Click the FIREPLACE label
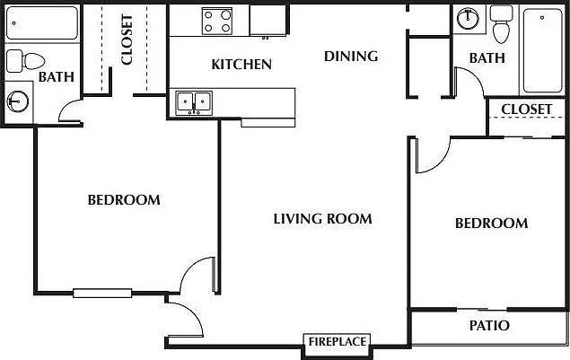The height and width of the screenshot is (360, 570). (x=337, y=341)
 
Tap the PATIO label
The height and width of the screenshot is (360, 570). (x=489, y=325)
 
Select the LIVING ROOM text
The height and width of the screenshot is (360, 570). (x=322, y=218)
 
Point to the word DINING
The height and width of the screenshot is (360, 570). (x=350, y=57)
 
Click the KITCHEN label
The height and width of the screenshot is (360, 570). (x=241, y=65)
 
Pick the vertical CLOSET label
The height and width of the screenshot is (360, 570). (x=127, y=40)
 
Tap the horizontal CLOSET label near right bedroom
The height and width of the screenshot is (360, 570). (x=526, y=110)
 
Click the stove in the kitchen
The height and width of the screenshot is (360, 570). (x=216, y=19)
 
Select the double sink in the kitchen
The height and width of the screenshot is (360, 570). (x=194, y=101)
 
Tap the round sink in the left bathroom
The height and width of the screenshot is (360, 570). (x=16, y=101)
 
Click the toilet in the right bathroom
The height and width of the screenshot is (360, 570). (x=502, y=26)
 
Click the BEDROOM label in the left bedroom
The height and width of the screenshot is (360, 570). (x=123, y=199)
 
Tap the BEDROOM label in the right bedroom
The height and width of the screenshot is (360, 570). (x=490, y=224)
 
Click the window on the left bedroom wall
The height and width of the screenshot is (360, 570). (x=102, y=292)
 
